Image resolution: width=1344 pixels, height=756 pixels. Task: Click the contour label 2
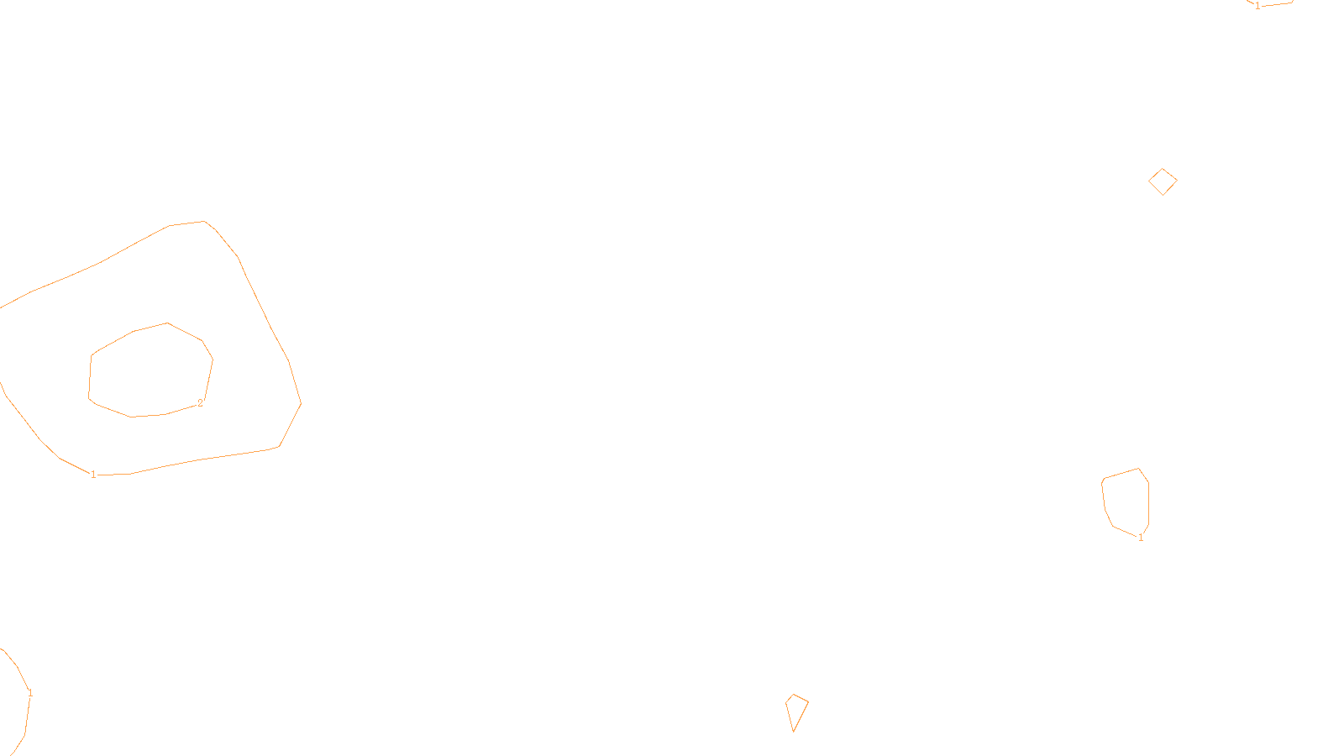point(201,403)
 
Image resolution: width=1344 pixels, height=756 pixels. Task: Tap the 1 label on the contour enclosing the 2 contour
point(93,475)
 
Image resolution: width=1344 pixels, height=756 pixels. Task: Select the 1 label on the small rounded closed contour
point(1141,538)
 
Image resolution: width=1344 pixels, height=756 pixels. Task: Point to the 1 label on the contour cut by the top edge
point(1257,6)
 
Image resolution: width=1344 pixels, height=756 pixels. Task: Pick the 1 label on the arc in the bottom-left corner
point(30,693)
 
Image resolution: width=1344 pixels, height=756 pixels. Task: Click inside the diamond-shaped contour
point(1163,181)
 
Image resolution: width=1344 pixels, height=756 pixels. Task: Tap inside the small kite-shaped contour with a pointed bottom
point(796,709)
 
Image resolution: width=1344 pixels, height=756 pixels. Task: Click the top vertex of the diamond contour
point(1163,169)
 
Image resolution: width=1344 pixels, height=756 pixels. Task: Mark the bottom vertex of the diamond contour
point(1163,195)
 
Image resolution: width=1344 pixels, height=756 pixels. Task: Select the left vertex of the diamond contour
point(1149,181)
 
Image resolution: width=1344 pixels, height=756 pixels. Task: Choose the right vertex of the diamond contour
point(1177,180)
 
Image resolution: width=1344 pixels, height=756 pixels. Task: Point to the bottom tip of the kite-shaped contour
point(793,732)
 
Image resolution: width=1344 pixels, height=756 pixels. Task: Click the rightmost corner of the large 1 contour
point(301,403)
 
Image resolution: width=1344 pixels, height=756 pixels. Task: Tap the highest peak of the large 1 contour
point(204,222)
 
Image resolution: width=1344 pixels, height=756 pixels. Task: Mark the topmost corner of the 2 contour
point(167,323)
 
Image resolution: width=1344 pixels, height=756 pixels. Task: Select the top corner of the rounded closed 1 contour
point(1138,469)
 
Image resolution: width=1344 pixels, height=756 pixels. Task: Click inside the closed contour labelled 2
point(150,372)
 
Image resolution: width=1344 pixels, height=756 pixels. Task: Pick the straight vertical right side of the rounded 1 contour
point(1148,503)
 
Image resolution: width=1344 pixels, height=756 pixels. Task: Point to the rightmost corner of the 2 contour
point(213,360)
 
